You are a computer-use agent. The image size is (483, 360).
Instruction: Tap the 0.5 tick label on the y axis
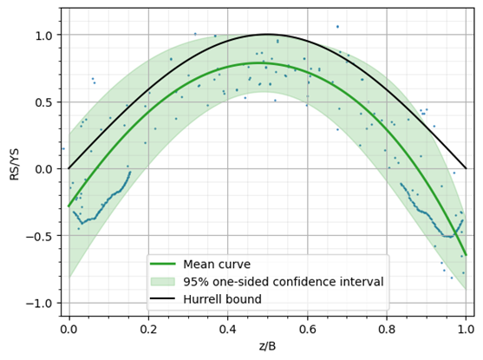(x=42, y=101)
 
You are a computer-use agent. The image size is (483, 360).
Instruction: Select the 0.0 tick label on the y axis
(x=42, y=168)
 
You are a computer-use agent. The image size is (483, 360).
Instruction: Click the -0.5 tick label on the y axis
(x=40, y=235)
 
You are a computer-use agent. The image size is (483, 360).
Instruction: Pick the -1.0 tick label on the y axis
(x=40, y=303)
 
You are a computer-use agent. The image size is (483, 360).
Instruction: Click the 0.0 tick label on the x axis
(x=69, y=330)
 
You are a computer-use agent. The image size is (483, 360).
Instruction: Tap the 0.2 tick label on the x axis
(x=148, y=330)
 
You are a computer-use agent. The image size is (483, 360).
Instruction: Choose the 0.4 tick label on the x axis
(x=228, y=330)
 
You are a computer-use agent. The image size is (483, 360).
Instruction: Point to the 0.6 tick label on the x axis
(x=307, y=330)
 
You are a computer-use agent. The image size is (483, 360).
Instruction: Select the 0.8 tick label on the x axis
(x=387, y=330)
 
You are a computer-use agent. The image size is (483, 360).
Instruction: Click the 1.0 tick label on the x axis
(x=466, y=330)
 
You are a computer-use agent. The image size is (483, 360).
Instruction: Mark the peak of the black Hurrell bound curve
(x=268, y=35)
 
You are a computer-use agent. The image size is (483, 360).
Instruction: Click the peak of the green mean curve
(x=268, y=63)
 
